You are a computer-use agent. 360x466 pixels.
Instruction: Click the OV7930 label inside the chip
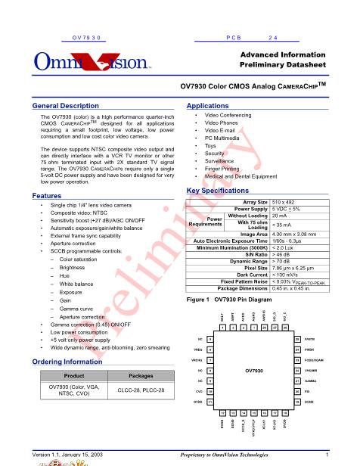253,371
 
